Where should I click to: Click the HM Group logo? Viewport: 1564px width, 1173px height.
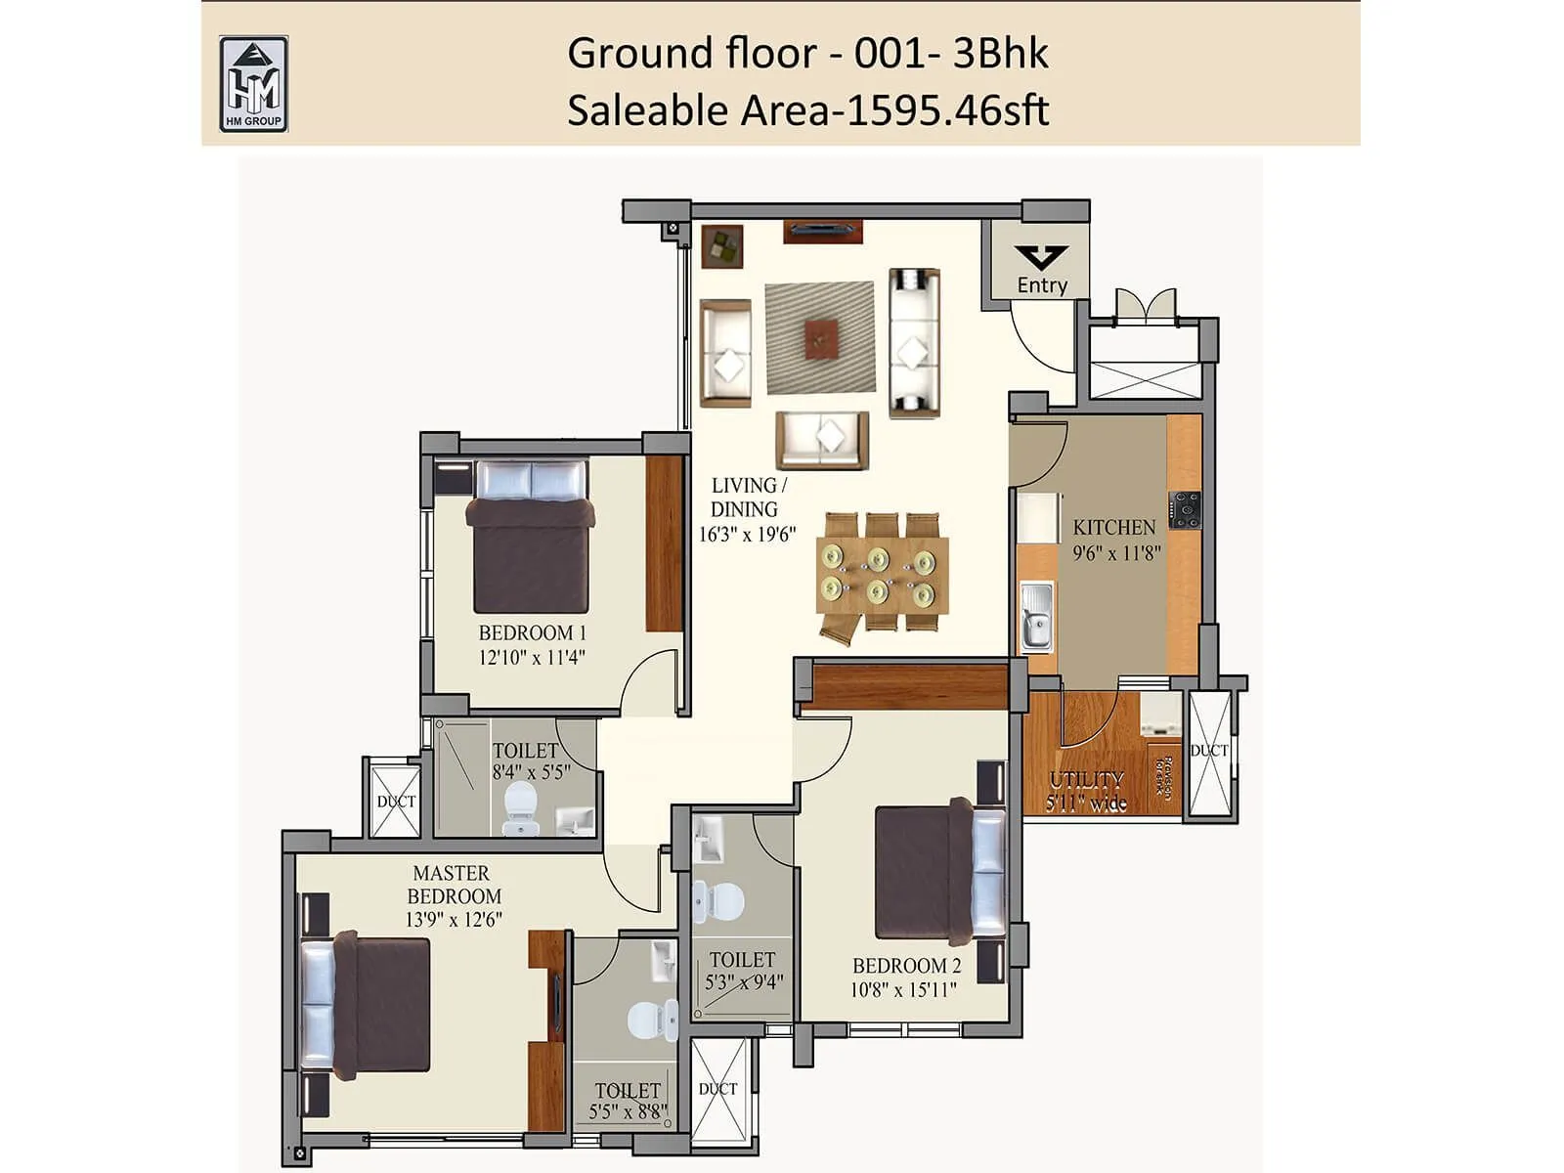click(253, 84)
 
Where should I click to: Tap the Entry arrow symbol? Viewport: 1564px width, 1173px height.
click(1040, 257)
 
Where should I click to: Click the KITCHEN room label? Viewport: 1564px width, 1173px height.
click(1113, 527)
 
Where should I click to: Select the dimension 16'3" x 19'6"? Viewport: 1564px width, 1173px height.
click(747, 535)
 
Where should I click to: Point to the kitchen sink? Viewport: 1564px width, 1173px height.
click(1036, 616)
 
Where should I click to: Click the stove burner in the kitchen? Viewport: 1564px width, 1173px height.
click(1186, 509)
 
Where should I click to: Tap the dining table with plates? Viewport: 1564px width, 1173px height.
click(883, 575)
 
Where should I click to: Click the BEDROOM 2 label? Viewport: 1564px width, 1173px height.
click(906, 966)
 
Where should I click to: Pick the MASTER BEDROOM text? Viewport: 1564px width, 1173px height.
click(453, 884)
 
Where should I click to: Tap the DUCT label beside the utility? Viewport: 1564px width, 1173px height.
click(1209, 751)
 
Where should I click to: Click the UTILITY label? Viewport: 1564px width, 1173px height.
click(1086, 780)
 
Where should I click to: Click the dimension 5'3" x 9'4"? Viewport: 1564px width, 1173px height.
click(744, 982)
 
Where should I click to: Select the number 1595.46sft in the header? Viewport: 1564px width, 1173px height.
click(946, 110)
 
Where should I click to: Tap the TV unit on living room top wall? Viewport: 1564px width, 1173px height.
click(822, 231)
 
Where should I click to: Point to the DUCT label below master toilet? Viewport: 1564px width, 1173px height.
click(717, 1089)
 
